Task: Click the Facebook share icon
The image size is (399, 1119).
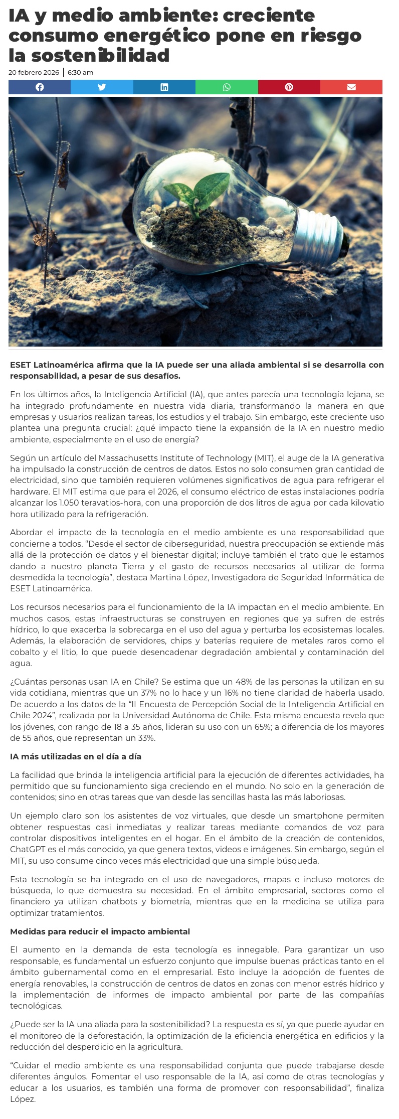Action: click(x=40, y=87)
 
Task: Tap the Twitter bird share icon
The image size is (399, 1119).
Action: click(x=102, y=87)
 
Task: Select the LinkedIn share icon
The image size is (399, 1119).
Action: click(x=164, y=87)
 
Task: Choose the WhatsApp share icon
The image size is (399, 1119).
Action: click(x=227, y=87)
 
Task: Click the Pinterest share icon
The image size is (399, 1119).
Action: click(x=289, y=87)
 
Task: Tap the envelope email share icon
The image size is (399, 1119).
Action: click(x=351, y=87)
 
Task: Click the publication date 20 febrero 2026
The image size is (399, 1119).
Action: click(x=34, y=73)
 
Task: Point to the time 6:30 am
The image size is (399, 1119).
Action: click(x=80, y=73)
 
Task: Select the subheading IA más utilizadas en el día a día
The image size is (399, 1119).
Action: click(x=76, y=756)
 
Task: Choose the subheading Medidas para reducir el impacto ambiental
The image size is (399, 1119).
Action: click(x=100, y=931)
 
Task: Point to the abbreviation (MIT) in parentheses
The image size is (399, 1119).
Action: click(x=264, y=458)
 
